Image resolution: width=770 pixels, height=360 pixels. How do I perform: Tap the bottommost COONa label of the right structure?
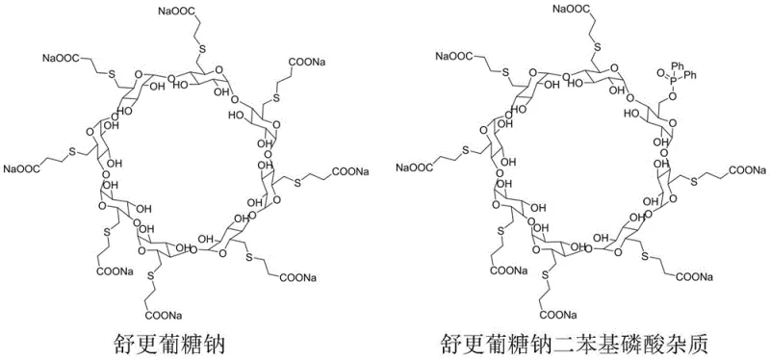[562, 315]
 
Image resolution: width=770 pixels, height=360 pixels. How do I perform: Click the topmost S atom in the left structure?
[202, 49]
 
